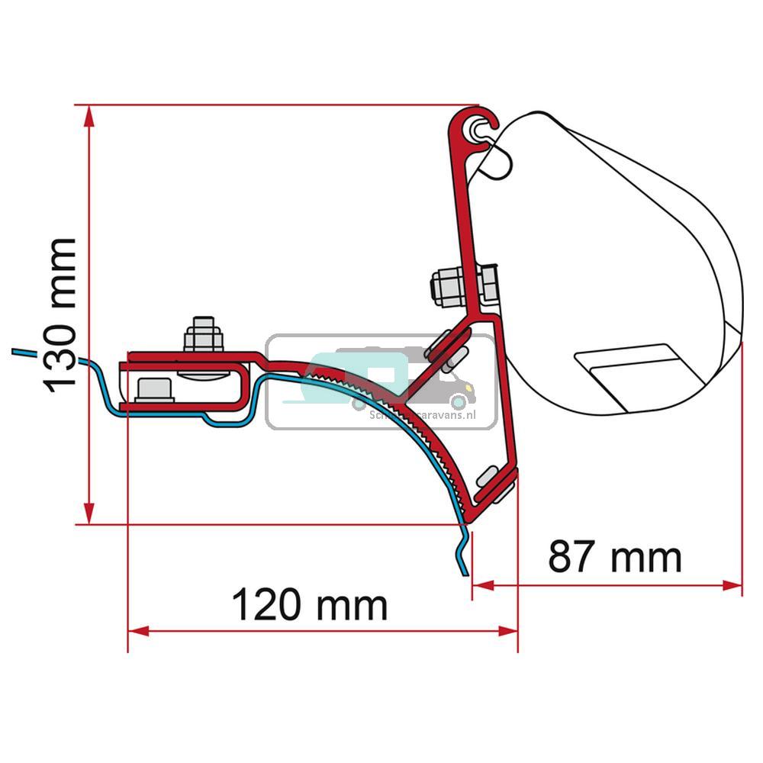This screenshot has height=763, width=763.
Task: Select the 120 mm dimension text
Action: [x=309, y=606]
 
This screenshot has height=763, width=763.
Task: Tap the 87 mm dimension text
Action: [x=614, y=558]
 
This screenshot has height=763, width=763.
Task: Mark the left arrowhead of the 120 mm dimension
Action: [x=137, y=631]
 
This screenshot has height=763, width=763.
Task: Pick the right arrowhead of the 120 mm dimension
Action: [x=508, y=631]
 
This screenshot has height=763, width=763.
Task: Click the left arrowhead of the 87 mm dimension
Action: [x=482, y=585]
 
